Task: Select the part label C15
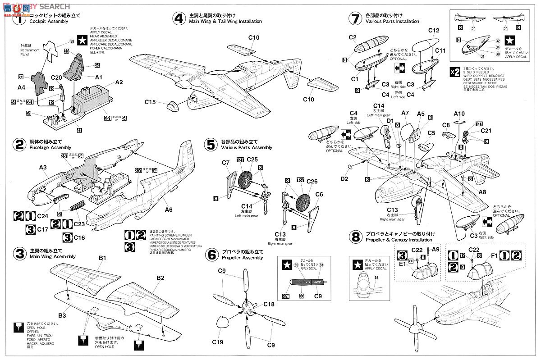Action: (150, 103)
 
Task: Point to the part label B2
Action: (160, 278)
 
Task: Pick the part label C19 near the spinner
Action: (218, 342)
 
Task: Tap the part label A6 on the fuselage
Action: (169, 209)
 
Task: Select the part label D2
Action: (344, 179)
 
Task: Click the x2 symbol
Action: (455, 72)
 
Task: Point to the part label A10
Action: (459, 113)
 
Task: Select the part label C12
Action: (434, 30)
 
